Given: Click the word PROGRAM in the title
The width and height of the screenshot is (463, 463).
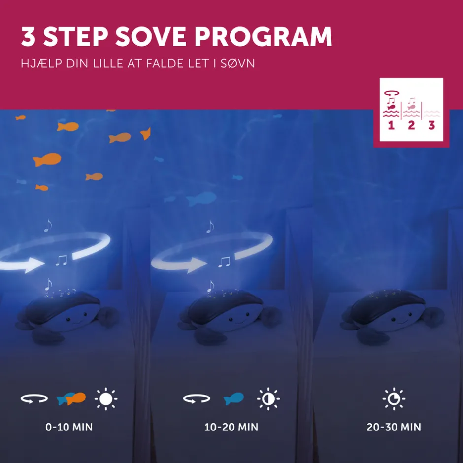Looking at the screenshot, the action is click(x=263, y=36).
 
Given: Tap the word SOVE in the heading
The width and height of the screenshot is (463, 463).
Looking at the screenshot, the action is click(x=151, y=36).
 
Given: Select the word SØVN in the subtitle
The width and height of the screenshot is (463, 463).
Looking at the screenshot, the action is click(x=237, y=64).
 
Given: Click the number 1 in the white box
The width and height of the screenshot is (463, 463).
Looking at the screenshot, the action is click(x=391, y=125).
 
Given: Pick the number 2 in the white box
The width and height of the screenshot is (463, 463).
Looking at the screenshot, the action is click(x=411, y=125).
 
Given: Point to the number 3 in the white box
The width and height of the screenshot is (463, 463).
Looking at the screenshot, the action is click(x=431, y=125).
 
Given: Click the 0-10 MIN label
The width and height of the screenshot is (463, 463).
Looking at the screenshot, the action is click(x=69, y=427).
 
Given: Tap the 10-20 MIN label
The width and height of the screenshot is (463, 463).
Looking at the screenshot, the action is click(x=231, y=427).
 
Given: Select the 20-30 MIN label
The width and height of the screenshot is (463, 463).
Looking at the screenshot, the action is click(x=394, y=427).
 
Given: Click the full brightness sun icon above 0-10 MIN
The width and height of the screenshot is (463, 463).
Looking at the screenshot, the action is click(x=106, y=399).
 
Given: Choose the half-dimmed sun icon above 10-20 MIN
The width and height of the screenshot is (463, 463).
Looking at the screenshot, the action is click(x=268, y=399).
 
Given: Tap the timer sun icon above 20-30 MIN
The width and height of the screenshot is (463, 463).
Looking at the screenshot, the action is click(x=394, y=399).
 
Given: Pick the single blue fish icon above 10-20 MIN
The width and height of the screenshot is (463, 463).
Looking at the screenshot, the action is click(x=233, y=398).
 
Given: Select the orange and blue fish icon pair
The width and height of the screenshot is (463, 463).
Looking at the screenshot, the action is click(x=71, y=398).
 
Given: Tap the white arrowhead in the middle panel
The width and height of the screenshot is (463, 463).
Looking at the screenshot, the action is click(x=197, y=265).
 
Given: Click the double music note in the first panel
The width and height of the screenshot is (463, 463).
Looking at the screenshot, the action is click(x=62, y=261).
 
